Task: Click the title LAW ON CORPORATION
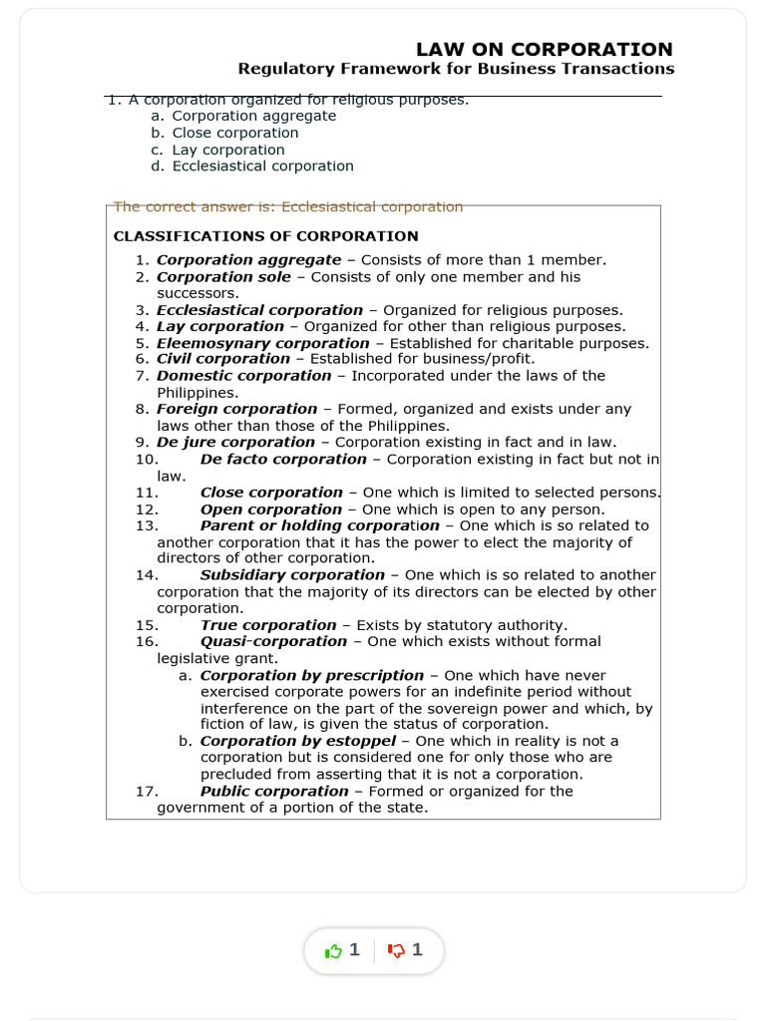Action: [x=544, y=49]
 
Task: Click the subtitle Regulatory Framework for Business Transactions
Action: [x=456, y=69]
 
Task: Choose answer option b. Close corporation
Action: [x=234, y=133]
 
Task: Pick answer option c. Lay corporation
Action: [x=227, y=150]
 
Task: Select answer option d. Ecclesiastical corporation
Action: [x=262, y=167]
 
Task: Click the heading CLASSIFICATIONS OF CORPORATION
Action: [x=266, y=236]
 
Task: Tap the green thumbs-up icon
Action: [x=333, y=951]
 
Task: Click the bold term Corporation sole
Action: [x=224, y=277]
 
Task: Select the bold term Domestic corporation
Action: [x=244, y=376]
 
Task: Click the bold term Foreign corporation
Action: [x=237, y=409]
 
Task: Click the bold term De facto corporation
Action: [x=283, y=459]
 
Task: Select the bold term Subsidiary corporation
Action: [x=292, y=575]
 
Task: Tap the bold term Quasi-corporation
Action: [x=273, y=641]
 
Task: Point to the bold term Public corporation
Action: [x=274, y=791]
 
